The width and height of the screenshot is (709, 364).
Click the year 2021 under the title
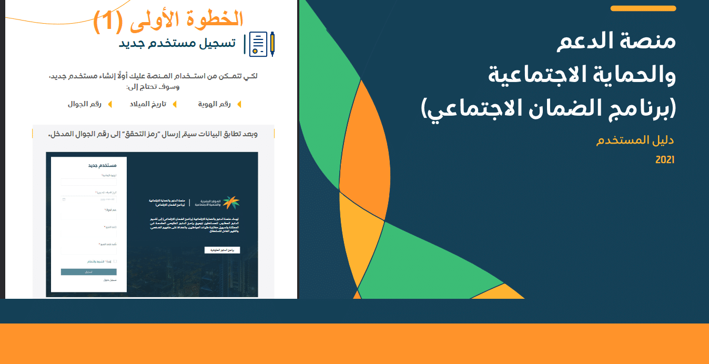664,160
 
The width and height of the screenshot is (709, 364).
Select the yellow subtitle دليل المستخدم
635,141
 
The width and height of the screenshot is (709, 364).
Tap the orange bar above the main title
643,8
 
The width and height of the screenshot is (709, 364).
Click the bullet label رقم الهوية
214,104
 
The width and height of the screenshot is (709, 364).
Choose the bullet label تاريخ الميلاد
148,104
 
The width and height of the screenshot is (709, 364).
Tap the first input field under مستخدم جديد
88,183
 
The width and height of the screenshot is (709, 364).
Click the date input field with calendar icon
88,199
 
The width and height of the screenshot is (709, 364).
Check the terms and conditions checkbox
115,261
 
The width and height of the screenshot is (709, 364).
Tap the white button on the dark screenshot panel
222,250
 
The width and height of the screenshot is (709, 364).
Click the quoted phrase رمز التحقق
171,134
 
